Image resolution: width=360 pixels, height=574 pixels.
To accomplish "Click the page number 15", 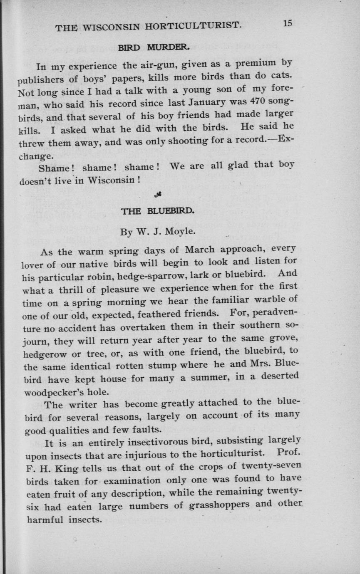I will [x=288, y=23].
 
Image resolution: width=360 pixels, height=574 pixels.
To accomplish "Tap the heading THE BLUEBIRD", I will [x=157, y=211].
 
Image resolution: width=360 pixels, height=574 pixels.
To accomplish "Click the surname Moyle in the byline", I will [x=179, y=230].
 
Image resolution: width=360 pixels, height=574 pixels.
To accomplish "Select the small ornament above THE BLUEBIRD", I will [x=158, y=193].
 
